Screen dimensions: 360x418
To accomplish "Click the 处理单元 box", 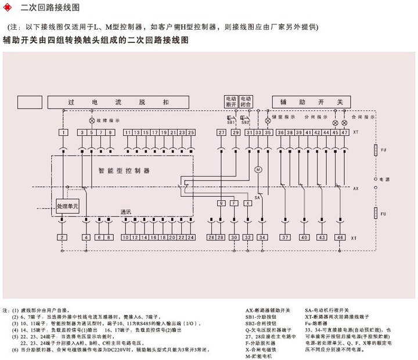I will (x=67, y=206).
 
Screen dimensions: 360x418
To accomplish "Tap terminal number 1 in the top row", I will (x=63, y=133).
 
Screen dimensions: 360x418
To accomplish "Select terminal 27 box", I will (x=221, y=133).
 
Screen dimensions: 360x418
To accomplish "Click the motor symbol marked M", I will (x=259, y=169).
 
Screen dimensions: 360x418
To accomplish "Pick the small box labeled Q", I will (x=221, y=203).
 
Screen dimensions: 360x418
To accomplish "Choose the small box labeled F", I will (x=234, y=203).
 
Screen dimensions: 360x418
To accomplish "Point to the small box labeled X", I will (x=248, y=203).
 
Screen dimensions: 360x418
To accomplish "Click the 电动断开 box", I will (x=231, y=102).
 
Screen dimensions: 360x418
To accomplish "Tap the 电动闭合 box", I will (x=246, y=102).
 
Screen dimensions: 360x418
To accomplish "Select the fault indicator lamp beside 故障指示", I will (x=91, y=121).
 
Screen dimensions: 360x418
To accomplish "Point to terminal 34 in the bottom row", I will (x=263, y=237).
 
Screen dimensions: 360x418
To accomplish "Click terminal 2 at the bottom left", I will (x=63, y=237).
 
